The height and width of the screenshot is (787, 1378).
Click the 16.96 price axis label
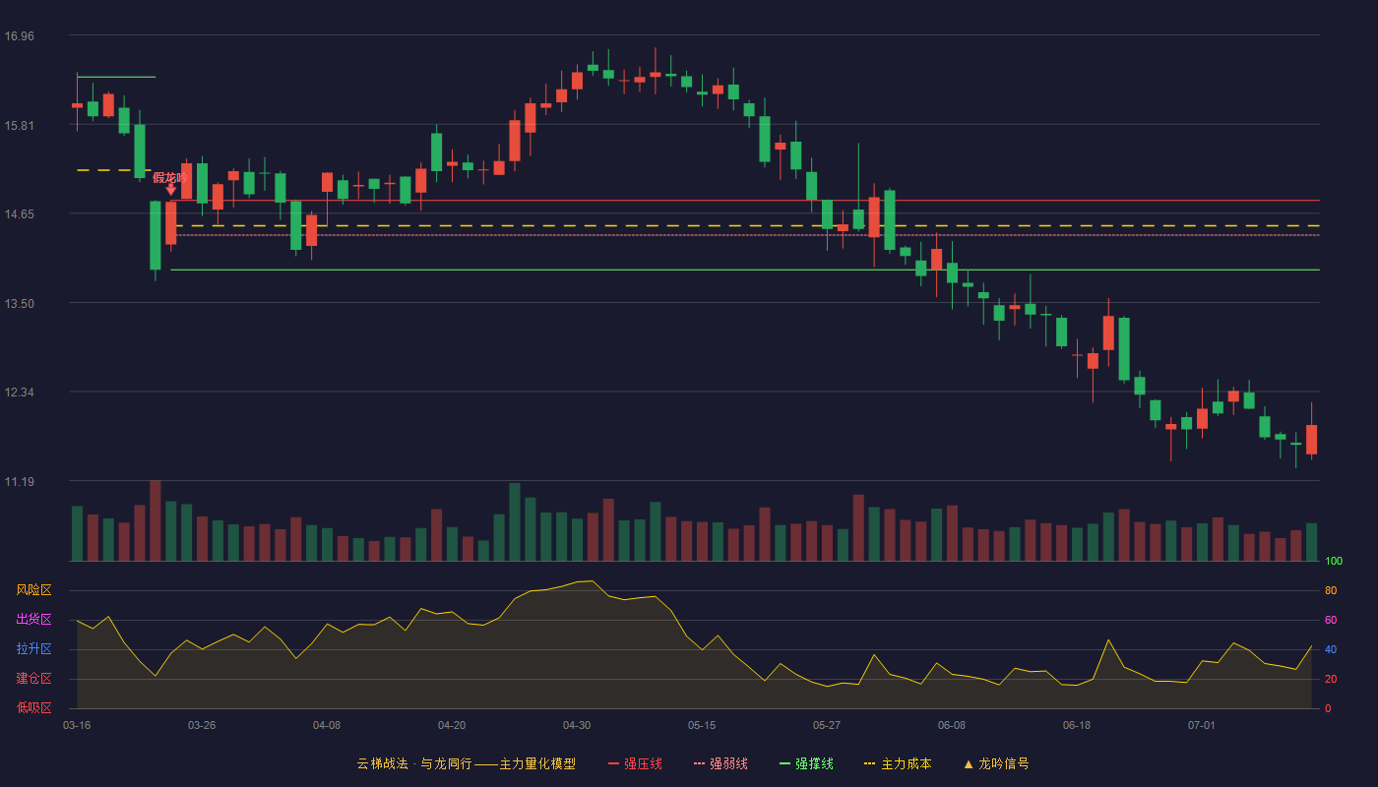(20, 36)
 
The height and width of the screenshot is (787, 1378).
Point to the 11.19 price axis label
(20, 481)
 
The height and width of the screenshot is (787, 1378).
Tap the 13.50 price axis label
(20, 304)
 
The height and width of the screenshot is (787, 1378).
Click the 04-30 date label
(577, 726)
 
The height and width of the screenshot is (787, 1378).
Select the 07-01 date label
(1202, 726)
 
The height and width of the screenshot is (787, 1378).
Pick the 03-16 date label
(77, 726)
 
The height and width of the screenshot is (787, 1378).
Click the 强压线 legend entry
(635, 763)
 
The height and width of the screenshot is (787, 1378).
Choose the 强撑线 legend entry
(806, 763)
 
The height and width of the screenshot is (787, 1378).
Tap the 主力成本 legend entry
(898, 763)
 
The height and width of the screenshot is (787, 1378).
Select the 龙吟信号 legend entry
(996, 763)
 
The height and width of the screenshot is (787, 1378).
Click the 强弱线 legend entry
(720, 763)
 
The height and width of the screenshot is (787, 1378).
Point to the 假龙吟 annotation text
(169, 178)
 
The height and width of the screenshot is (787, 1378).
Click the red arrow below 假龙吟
(171, 189)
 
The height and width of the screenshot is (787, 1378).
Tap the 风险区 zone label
(33, 590)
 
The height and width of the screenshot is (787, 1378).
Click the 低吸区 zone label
(33, 708)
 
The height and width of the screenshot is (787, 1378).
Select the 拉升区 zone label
(33, 649)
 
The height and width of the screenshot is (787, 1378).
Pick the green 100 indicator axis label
(1334, 561)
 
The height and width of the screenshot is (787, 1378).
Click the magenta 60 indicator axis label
(1331, 620)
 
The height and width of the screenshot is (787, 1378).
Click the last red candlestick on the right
(1311, 439)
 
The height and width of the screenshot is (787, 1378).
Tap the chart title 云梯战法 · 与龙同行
(414, 763)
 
